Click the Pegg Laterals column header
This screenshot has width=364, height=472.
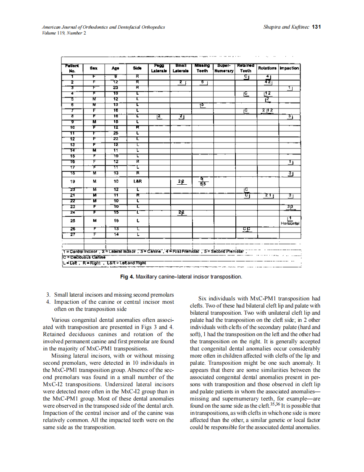(x=159, y=68)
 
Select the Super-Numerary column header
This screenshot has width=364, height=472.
(x=224, y=68)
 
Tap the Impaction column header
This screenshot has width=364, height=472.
(x=289, y=68)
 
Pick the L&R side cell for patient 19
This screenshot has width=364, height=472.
(x=137, y=182)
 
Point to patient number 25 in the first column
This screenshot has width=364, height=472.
(x=73, y=220)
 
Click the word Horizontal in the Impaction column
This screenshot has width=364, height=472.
(x=290, y=223)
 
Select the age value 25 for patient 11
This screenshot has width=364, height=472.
(x=115, y=133)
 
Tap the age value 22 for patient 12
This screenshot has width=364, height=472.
(x=115, y=138)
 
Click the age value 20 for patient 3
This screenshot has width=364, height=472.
(x=115, y=87)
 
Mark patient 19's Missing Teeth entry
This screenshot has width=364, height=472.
(x=202, y=182)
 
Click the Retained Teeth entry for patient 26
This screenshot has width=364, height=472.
(x=246, y=229)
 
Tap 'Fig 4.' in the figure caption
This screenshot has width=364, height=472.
(x=127, y=277)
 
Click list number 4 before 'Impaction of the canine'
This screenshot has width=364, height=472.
(x=48, y=302)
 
